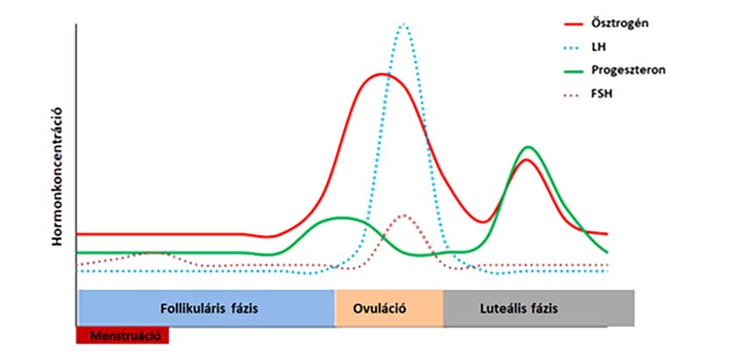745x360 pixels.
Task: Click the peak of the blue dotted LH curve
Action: [x=403, y=25]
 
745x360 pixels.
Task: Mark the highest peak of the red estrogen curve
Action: [x=382, y=74]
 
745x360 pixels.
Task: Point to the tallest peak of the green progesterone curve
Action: [x=527, y=147]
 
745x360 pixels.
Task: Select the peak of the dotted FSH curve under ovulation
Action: [x=403, y=215]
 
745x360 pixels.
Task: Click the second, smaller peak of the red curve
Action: [x=526, y=159]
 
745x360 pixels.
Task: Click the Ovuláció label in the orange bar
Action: [x=389, y=308]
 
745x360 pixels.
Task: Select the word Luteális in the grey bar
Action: [x=505, y=308]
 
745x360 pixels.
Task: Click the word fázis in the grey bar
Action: [x=544, y=308]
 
